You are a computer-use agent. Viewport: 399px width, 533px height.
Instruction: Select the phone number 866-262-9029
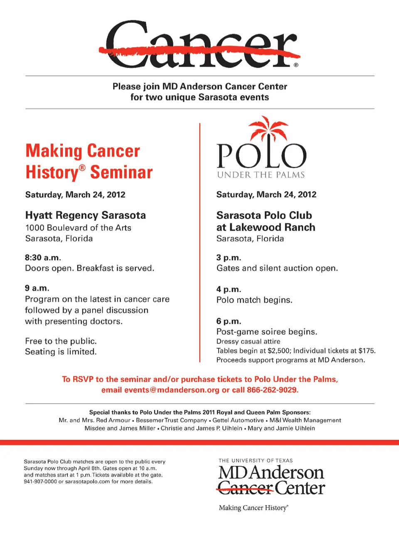click(x=272, y=390)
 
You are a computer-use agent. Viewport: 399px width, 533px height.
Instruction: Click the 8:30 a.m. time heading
click(x=43, y=257)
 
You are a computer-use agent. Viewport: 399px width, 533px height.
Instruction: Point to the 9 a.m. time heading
click(x=37, y=288)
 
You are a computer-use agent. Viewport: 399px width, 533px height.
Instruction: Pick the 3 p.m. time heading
click(x=229, y=258)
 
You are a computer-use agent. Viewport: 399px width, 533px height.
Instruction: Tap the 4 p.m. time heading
click(x=229, y=289)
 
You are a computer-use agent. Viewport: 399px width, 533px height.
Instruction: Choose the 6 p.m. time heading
click(x=229, y=321)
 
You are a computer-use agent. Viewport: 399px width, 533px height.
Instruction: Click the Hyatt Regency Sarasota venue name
click(x=86, y=215)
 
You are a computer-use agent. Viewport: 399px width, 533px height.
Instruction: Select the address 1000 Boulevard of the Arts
click(x=78, y=228)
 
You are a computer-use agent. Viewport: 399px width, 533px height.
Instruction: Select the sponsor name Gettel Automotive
click(x=238, y=421)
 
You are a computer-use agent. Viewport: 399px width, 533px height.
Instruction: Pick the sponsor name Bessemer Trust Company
click(x=171, y=421)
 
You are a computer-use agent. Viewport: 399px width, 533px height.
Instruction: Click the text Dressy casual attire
click(x=248, y=342)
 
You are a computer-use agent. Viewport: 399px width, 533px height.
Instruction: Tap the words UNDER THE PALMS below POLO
click(x=261, y=175)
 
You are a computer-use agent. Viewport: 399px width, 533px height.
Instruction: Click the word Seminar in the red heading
click(x=121, y=172)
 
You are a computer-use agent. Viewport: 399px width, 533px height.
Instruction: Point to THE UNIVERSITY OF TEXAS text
click(x=256, y=461)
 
